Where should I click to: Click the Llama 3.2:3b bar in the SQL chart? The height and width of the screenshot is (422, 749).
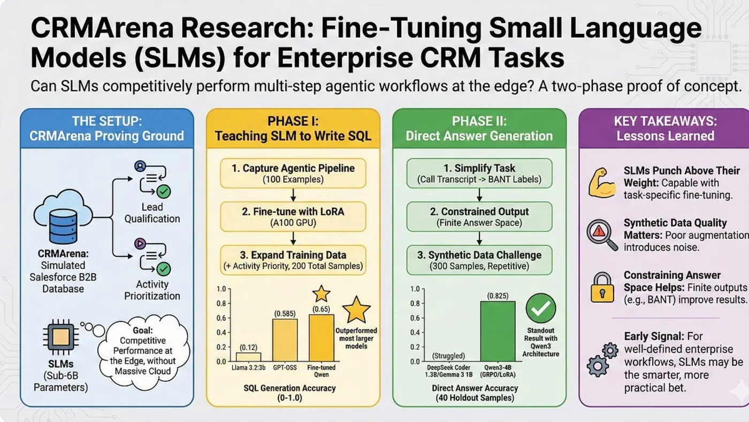(x=248, y=357)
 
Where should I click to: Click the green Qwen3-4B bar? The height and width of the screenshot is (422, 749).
(x=498, y=331)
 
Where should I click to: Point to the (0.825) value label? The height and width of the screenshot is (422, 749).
(x=498, y=295)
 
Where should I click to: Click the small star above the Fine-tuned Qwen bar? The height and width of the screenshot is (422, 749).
(x=322, y=293)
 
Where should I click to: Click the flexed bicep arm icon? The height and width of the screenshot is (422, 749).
(x=601, y=183)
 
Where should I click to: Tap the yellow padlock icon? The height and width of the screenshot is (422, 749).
(x=601, y=288)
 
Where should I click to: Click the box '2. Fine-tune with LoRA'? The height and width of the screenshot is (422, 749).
(x=293, y=216)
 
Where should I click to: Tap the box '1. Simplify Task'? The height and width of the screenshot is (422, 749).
(x=479, y=173)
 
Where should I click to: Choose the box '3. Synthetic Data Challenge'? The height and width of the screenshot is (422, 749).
(x=479, y=260)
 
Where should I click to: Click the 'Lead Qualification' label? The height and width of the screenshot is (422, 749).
(x=152, y=213)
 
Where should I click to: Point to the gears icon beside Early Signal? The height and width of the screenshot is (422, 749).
(x=601, y=359)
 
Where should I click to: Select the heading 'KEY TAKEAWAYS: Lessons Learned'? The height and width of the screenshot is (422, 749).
(x=665, y=129)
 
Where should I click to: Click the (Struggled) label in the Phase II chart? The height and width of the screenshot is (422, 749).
(x=447, y=356)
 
